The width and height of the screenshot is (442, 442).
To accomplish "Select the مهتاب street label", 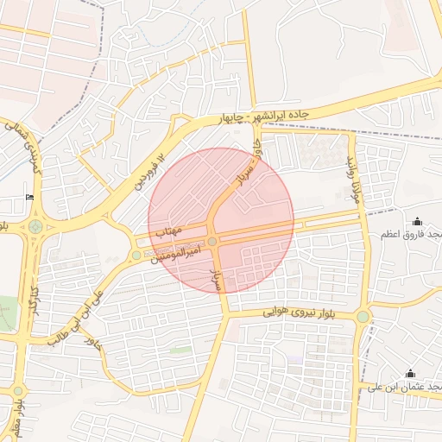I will [x=167, y=231].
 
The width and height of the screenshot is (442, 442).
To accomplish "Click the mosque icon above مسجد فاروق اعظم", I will [x=418, y=222].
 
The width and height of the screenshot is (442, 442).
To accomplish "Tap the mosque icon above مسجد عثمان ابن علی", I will [x=410, y=374].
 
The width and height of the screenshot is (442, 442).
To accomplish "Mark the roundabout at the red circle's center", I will [x=212, y=242].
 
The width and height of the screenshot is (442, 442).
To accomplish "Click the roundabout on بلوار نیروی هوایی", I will [x=363, y=317].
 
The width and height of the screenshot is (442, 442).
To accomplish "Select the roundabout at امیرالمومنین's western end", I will [x=136, y=255].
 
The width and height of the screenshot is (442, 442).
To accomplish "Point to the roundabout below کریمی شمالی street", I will [x=35, y=228].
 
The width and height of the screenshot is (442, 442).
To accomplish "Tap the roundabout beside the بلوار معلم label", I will [x=18, y=391].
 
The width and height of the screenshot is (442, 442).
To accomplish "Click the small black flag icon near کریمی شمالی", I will [x=31, y=198].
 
